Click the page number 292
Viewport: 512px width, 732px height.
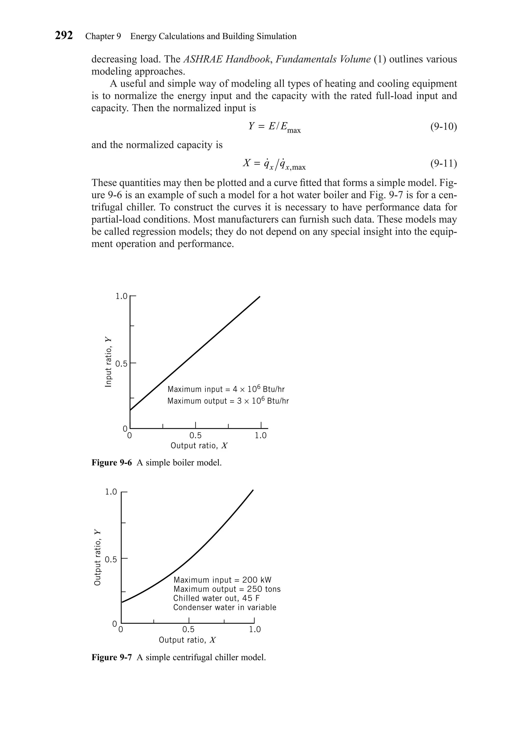tap(64, 35)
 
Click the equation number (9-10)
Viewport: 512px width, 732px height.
tap(443, 127)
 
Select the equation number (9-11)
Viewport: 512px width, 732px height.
tap(443, 164)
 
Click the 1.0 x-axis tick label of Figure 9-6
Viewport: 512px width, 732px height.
tap(260, 436)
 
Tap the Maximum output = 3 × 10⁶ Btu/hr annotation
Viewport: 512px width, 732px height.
tap(228, 401)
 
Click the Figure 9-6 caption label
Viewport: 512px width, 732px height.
tap(111, 463)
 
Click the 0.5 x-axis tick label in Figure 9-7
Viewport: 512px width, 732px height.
tap(188, 629)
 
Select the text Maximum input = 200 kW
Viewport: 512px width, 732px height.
tap(222, 580)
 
